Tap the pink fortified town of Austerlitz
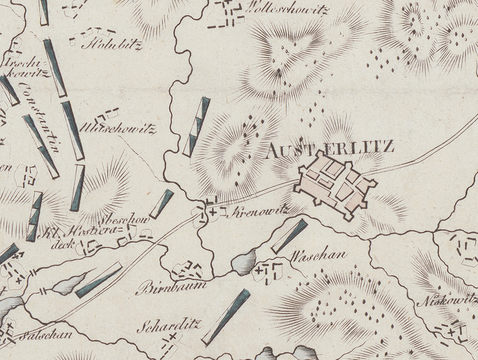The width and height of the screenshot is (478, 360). point(335,183)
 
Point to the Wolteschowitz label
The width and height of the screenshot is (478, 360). point(287,10)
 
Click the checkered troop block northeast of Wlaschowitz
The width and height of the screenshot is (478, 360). point(197,127)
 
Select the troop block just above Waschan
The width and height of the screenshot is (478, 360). point(289,236)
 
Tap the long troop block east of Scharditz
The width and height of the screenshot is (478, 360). point(225,317)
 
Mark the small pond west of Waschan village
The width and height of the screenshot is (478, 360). point(243,263)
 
